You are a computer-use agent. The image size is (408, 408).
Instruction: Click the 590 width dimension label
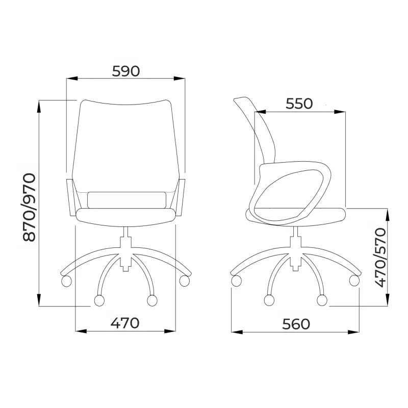coord(126,71)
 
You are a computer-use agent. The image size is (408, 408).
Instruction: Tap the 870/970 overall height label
coord(29,208)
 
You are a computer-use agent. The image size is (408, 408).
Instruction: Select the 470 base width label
coord(125,323)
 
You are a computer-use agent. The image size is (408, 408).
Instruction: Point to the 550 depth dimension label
coord(299,104)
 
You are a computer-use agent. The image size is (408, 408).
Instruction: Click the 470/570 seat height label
coord(380,258)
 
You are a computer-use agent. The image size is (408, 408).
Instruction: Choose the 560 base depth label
coord(296,324)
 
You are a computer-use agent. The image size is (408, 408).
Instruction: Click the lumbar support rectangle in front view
coord(126,200)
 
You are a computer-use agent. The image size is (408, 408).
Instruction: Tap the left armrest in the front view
coord(71,197)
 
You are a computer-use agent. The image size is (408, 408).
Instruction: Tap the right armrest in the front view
coord(181,197)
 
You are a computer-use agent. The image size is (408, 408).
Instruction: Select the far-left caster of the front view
coord(66,282)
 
